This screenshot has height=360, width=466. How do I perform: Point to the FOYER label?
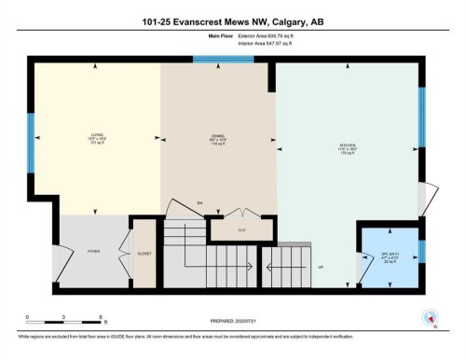click(92, 251)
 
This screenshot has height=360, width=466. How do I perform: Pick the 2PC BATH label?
click(391, 256)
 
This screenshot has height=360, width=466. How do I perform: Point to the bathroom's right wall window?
click(422, 252)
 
